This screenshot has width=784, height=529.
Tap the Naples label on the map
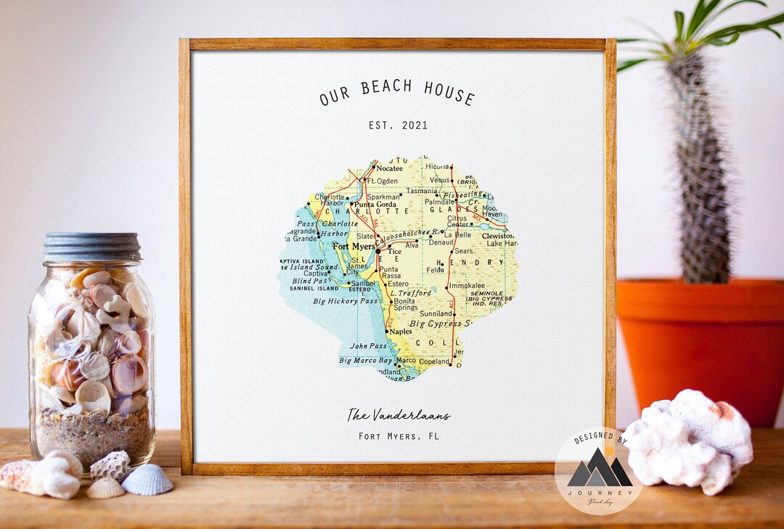pos(401,331)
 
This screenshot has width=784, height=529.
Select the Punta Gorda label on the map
pos(375,205)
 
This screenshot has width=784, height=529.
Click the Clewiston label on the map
pos(497,236)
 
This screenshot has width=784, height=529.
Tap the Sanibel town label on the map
pos(362,283)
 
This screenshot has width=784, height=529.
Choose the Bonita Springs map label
pos(405,304)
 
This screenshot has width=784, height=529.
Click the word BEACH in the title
pos(387,88)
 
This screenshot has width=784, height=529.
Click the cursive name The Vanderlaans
pos(399,415)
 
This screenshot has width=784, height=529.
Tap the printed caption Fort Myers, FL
pos(399,436)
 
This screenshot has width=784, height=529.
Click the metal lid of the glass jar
pos(92,247)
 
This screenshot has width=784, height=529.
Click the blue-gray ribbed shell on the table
pos(147,480)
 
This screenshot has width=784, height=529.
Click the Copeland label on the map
pos(434,361)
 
